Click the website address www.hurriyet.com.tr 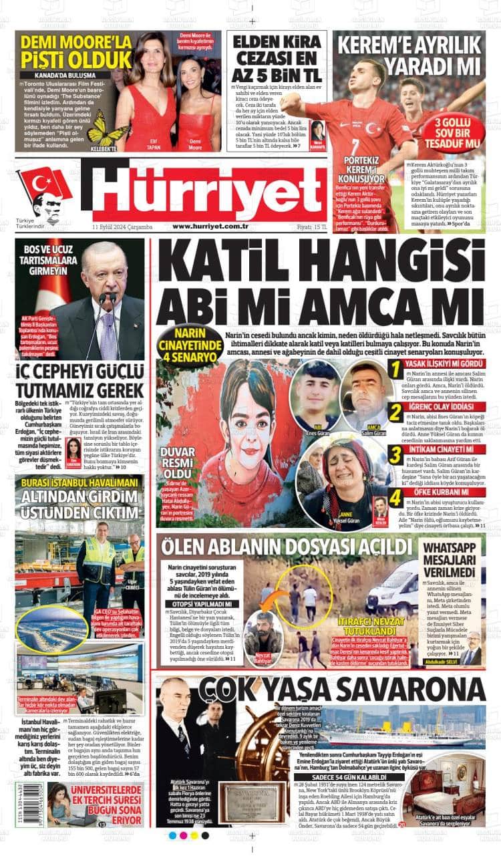click(x=210, y=227)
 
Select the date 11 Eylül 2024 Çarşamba click(x=123, y=227)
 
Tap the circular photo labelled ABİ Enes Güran click(x=315, y=396)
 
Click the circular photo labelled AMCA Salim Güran click(x=366, y=396)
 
